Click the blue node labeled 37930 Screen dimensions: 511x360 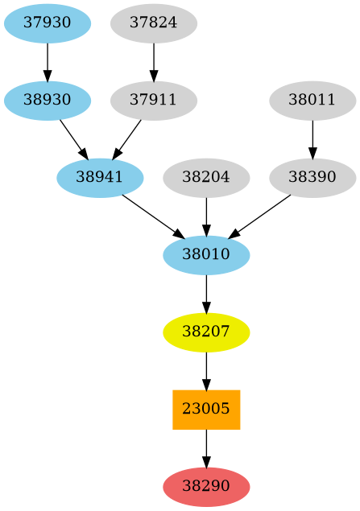(x=48, y=23)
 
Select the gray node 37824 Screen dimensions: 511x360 (x=153, y=23)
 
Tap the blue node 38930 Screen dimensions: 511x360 (x=48, y=101)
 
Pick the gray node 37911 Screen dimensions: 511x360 (x=153, y=101)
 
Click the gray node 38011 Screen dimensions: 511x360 (x=312, y=101)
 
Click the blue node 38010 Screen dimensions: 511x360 (x=206, y=255)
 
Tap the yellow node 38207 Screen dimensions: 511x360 (x=206, y=332)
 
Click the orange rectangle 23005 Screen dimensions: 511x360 (x=206, y=410)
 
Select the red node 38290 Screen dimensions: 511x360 (x=206, y=487)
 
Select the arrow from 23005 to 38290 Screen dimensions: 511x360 (x=206, y=448)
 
